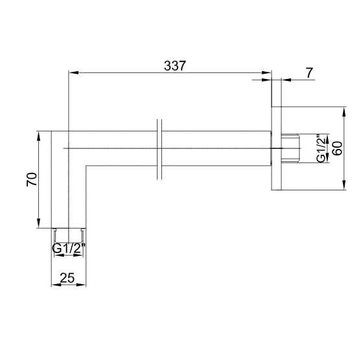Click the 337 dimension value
[x=174, y=66]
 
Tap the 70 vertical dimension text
[x=30, y=179]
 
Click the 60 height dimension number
[x=336, y=149]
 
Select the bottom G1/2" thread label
[x=67, y=249]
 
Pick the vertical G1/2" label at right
[x=321, y=150]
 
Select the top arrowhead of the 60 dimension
[x=344, y=111]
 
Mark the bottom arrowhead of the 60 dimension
[x=344, y=187]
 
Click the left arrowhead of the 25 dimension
[x=54, y=285]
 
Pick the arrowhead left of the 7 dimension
[x=267, y=80]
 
